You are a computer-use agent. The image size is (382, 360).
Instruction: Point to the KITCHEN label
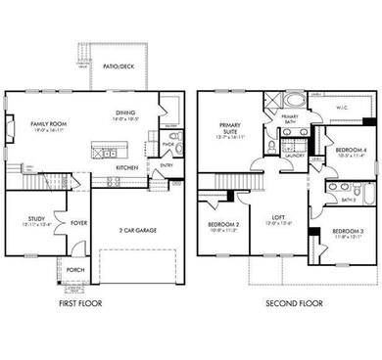click(127, 167)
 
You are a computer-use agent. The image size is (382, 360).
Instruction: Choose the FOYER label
click(79, 223)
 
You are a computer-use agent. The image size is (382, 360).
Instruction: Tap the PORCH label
click(74, 272)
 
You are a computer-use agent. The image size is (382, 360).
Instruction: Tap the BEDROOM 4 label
click(350, 149)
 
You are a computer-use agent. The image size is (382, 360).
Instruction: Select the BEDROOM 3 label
click(346, 231)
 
